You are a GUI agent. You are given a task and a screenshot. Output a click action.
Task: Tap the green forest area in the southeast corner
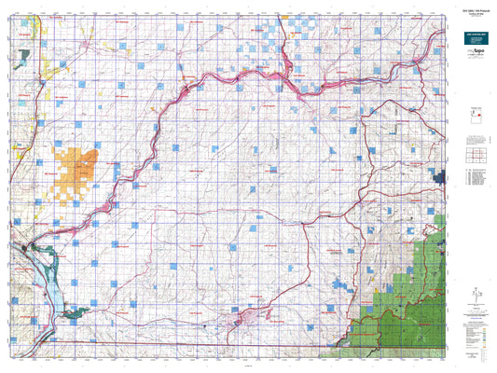(x=410, y=298)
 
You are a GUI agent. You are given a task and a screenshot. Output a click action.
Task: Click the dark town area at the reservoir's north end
(x=29, y=248)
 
